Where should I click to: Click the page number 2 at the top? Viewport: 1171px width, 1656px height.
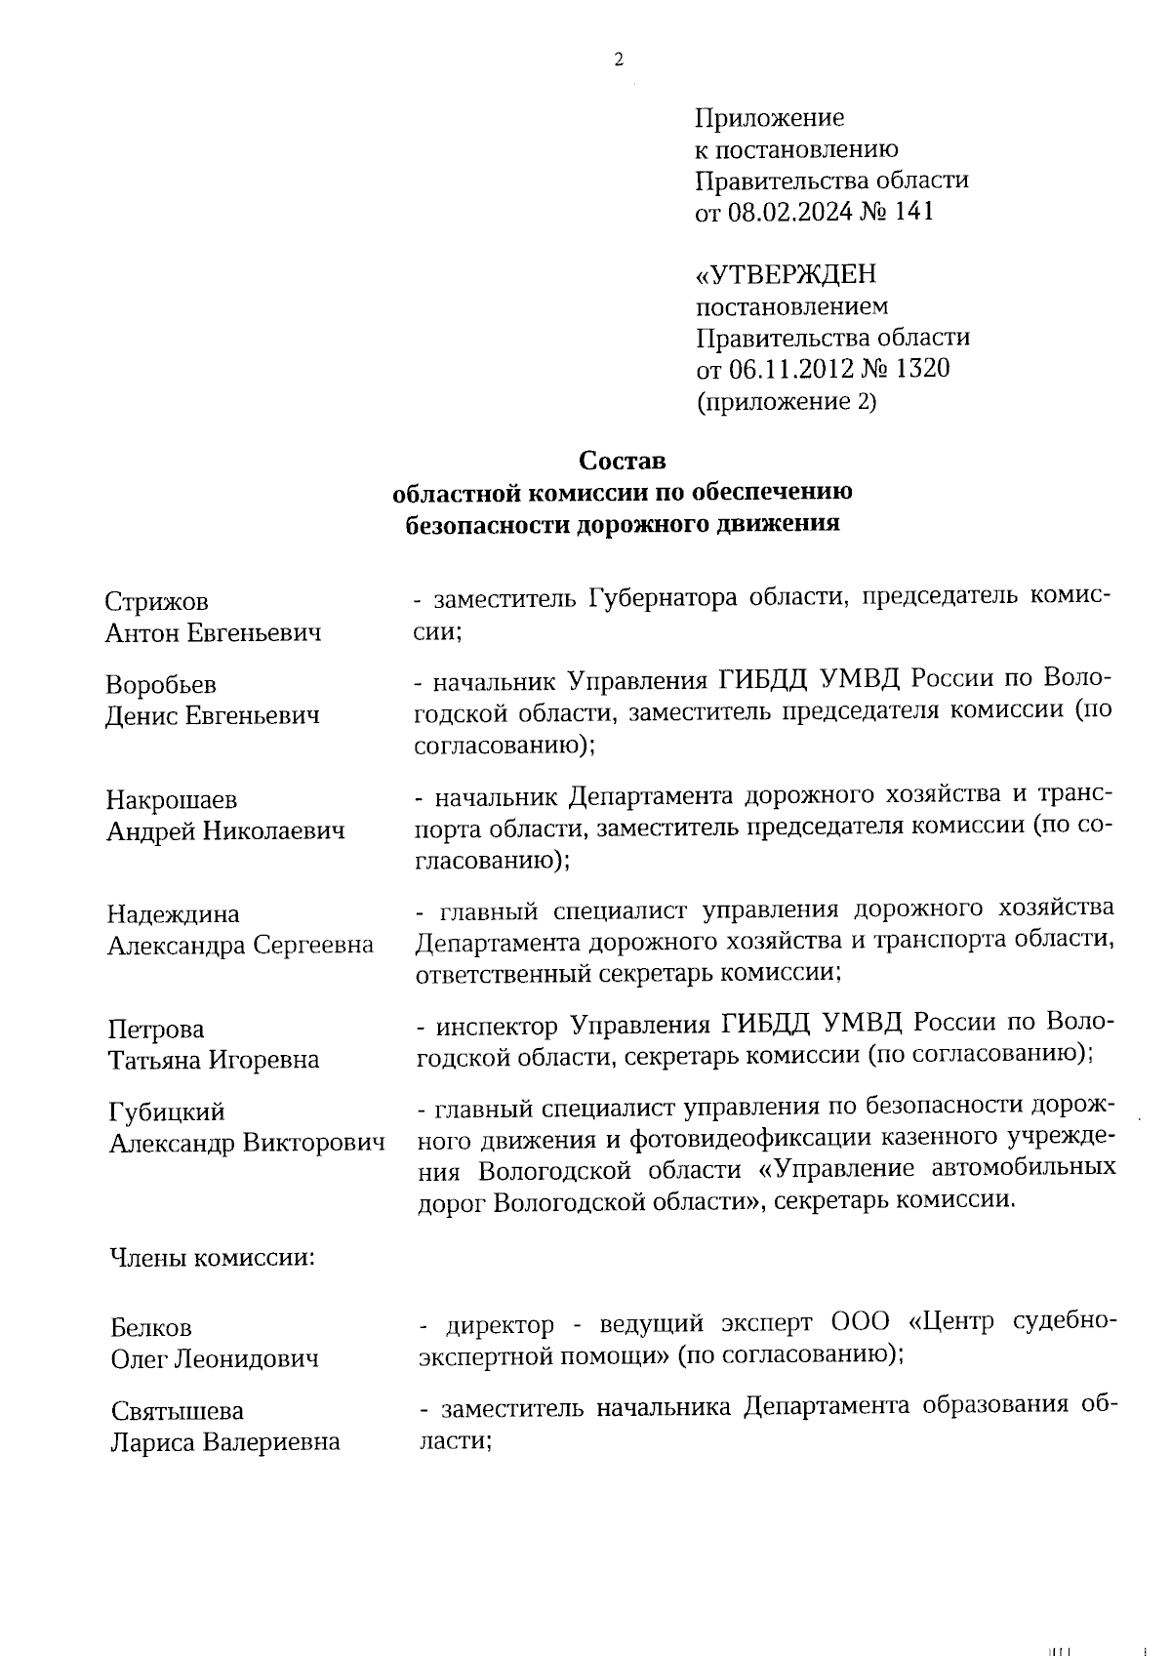pyautogui.click(x=618, y=61)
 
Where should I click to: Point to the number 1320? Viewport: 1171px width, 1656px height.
pyautogui.click(x=918, y=369)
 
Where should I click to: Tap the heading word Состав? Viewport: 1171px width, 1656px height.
pyautogui.click(x=622, y=460)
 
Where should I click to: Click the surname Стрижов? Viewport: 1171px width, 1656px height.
pyautogui.click(x=157, y=602)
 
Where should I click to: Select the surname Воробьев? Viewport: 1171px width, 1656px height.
pyautogui.click(x=161, y=685)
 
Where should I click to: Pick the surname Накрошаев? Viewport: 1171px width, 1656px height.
pyautogui.click(x=172, y=800)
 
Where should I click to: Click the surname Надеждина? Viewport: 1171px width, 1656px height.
pyautogui.click(x=174, y=914)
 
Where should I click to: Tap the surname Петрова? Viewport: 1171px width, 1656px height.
pyautogui.click(x=156, y=1030)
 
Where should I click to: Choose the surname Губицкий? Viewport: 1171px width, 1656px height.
pyautogui.click(x=167, y=1112)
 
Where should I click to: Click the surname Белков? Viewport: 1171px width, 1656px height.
pyautogui.click(x=151, y=1328)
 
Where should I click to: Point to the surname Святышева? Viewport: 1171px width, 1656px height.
pyautogui.click(x=177, y=1411)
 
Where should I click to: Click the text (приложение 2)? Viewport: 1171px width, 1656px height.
pyautogui.click(x=786, y=401)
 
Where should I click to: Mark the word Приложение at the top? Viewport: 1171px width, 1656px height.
pyautogui.click(x=769, y=119)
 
